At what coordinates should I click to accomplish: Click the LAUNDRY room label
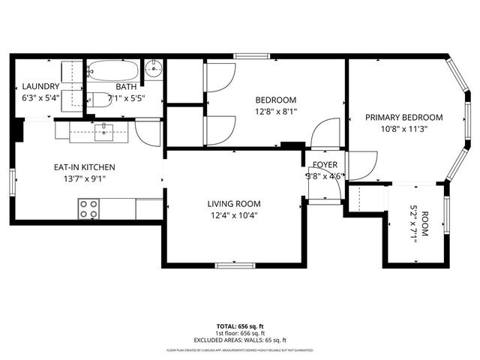tap(35, 86)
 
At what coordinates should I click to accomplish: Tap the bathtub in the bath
tap(112, 72)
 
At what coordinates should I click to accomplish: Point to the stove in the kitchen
tap(89, 208)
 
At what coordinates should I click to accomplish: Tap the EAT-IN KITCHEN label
tap(83, 166)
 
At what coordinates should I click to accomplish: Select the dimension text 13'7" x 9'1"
tap(83, 178)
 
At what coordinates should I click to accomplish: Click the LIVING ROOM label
tap(234, 203)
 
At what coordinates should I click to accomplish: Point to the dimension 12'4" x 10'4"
tap(234, 215)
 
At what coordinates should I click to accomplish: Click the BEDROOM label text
tap(275, 100)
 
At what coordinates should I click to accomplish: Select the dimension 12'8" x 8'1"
tap(275, 112)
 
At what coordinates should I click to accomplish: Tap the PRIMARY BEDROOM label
tap(403, 117)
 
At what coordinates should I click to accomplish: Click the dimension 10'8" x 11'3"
tap(403, 128)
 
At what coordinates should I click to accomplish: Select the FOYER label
tap(325, 164)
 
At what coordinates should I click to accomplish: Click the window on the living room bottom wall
tap(235, 265)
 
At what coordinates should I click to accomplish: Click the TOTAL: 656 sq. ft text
tap(240, 326)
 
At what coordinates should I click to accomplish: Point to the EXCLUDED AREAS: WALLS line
tap(240, 339)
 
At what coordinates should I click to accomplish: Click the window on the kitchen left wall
tap(13, 181)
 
